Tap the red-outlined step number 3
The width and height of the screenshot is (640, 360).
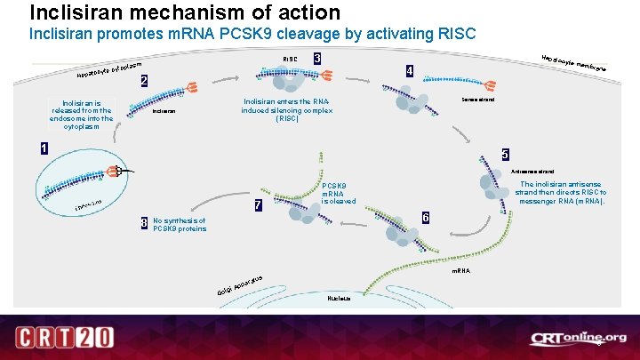[x=317, y=59]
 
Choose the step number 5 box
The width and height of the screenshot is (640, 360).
[x=505, y=153]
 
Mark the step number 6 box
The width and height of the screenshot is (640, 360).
[x=426, y=218]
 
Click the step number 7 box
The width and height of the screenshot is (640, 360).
[x=258, y=205]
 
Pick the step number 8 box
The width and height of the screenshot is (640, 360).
[x=145, y=222]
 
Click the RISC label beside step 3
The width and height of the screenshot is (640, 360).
[x=290, y=60]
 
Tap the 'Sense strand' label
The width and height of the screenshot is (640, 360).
[x=478, y=100]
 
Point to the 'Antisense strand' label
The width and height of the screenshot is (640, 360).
[x=532, y=171]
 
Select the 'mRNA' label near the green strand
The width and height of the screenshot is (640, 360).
[x=461, y=268]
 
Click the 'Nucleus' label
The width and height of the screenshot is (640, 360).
[x=340, y=299]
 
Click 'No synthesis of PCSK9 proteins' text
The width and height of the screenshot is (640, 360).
[x=180, y=225]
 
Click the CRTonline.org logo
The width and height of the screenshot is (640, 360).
[x=578, y=338]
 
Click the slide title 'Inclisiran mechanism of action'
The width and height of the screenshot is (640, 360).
[x=185, y=12]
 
